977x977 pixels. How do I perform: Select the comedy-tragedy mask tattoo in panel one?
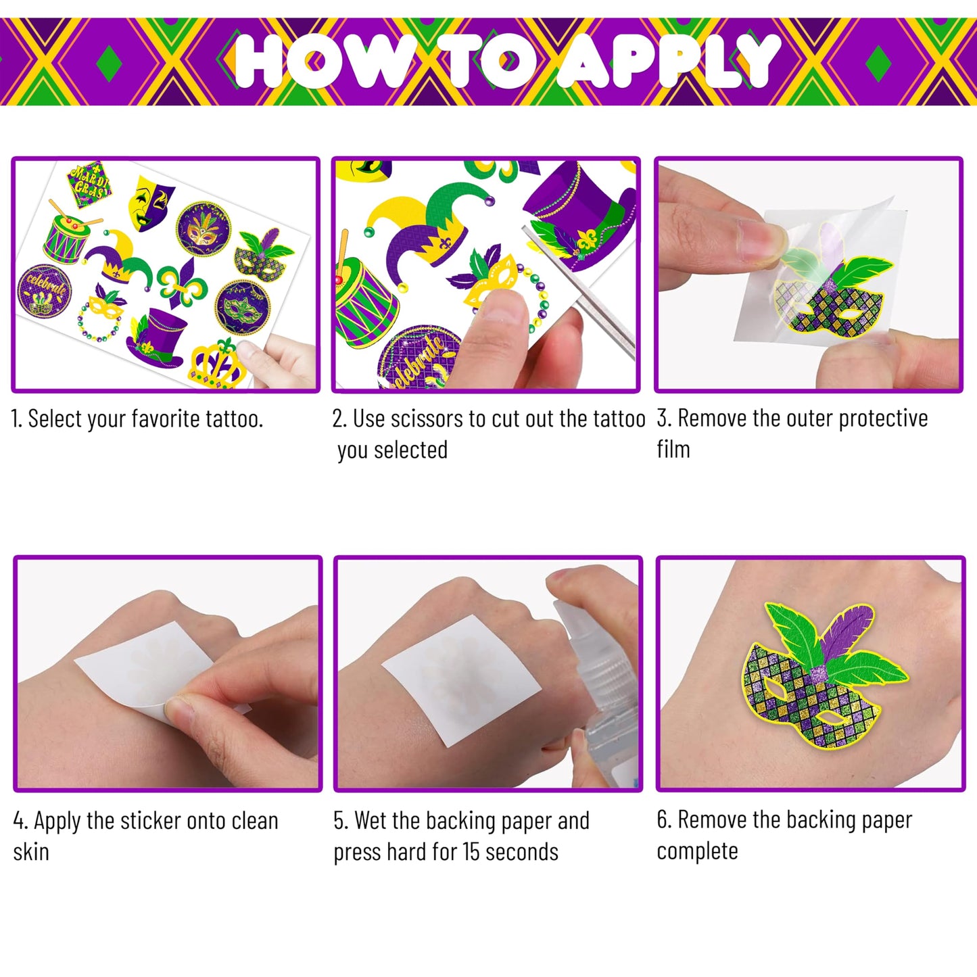coord(151,202)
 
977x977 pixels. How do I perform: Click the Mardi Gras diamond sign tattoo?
coord(89,183)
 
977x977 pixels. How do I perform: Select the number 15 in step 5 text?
coord(473,853)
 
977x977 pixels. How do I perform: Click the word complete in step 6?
coord(697,851)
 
